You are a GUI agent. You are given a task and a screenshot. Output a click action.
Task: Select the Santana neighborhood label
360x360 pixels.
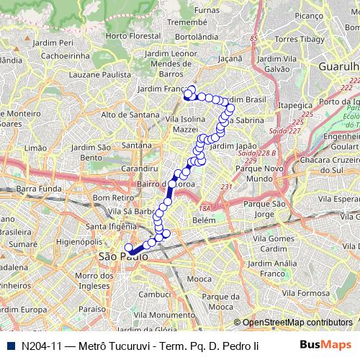pos(137,145)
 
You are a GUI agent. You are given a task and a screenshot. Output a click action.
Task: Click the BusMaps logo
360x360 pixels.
pos(320,345)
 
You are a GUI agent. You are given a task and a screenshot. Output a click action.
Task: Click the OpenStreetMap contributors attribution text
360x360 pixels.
pos(297,323)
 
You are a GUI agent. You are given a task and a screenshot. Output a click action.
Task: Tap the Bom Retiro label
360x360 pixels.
pos(110,197)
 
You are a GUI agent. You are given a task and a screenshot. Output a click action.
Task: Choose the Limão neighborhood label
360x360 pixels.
pos(36,147)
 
